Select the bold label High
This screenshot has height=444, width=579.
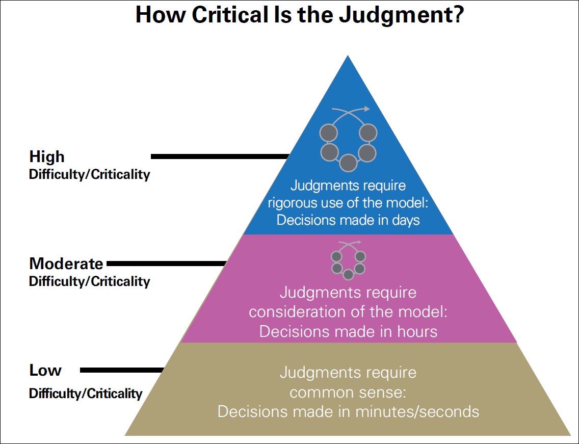tap(47, 156)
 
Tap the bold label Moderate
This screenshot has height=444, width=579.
tap(66, 264)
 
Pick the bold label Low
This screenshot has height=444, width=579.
tap(45, 370)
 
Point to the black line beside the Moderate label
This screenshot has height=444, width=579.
tap(166, 264)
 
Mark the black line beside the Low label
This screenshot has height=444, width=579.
tap(122, 370)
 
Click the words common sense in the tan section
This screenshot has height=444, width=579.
tap(348, 392)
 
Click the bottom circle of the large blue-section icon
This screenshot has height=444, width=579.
tap(348, 163)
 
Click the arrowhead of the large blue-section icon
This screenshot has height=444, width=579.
tap(367, 108)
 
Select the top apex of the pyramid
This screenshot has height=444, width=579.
tap(348, 56)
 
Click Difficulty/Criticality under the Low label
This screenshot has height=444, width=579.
tap(86, 393)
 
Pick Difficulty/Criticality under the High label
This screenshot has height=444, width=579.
tap(90, 174)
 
